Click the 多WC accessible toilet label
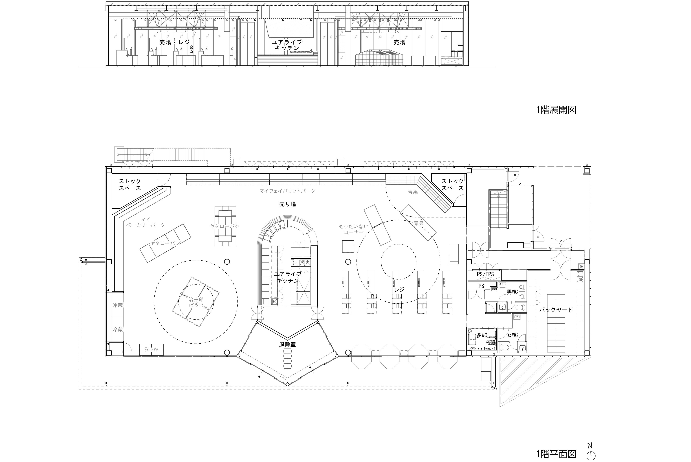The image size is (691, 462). [x=482, y=335]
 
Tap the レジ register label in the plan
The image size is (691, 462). [x=399, y=290]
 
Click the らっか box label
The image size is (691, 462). [x=151, y=349]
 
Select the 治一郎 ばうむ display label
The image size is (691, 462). [x=196, y=302]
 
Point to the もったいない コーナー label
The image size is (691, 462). [x=354, y=229]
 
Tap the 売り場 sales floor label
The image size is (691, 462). [x=287, y=204]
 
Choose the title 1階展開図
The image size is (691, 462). [x=556, y=110]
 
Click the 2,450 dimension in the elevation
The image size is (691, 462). [x=192, y=49]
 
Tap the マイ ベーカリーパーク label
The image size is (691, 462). [x=146, y=222]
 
